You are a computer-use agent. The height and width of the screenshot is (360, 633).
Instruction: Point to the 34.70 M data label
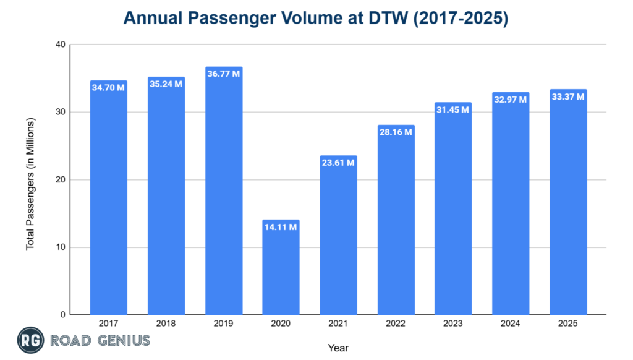(108, 88)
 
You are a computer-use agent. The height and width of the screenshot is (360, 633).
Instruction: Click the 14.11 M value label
(281, 227)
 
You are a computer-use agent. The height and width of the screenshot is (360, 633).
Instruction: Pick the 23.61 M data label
(338, 163)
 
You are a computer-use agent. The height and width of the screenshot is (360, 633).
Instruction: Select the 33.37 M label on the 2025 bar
(568, 96)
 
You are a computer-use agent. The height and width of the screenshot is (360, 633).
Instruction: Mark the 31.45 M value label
(453, 110)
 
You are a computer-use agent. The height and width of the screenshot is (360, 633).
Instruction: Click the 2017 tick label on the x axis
(108, 324)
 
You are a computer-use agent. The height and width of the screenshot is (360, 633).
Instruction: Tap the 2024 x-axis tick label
(511, 324)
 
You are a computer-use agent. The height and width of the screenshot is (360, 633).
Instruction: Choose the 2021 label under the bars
(338, 324)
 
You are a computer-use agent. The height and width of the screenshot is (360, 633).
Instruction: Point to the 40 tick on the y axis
(60, 45)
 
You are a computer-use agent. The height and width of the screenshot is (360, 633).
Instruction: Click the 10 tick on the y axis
(60, 247)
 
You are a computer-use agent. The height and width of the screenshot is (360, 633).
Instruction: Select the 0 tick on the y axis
(62, 315)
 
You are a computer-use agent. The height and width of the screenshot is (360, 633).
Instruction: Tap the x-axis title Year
(338, 348)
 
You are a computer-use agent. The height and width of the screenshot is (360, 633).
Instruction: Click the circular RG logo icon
(28, 341)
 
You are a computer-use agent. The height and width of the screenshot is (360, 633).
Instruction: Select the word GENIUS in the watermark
(122, 341)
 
